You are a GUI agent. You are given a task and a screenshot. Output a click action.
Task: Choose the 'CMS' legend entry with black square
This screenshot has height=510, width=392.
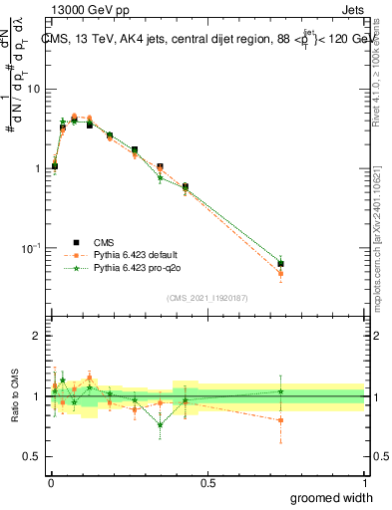tap(104, 241)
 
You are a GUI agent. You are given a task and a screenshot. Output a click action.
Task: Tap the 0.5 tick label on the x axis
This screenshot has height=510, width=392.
tap(206, 483)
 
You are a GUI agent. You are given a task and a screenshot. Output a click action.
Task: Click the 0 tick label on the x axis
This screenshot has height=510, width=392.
tap(49, 483)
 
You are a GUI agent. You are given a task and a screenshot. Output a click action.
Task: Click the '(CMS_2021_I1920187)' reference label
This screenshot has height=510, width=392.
tap(206, 297)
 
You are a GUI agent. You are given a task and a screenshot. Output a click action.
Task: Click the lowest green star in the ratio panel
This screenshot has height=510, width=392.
tap(160, 424)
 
